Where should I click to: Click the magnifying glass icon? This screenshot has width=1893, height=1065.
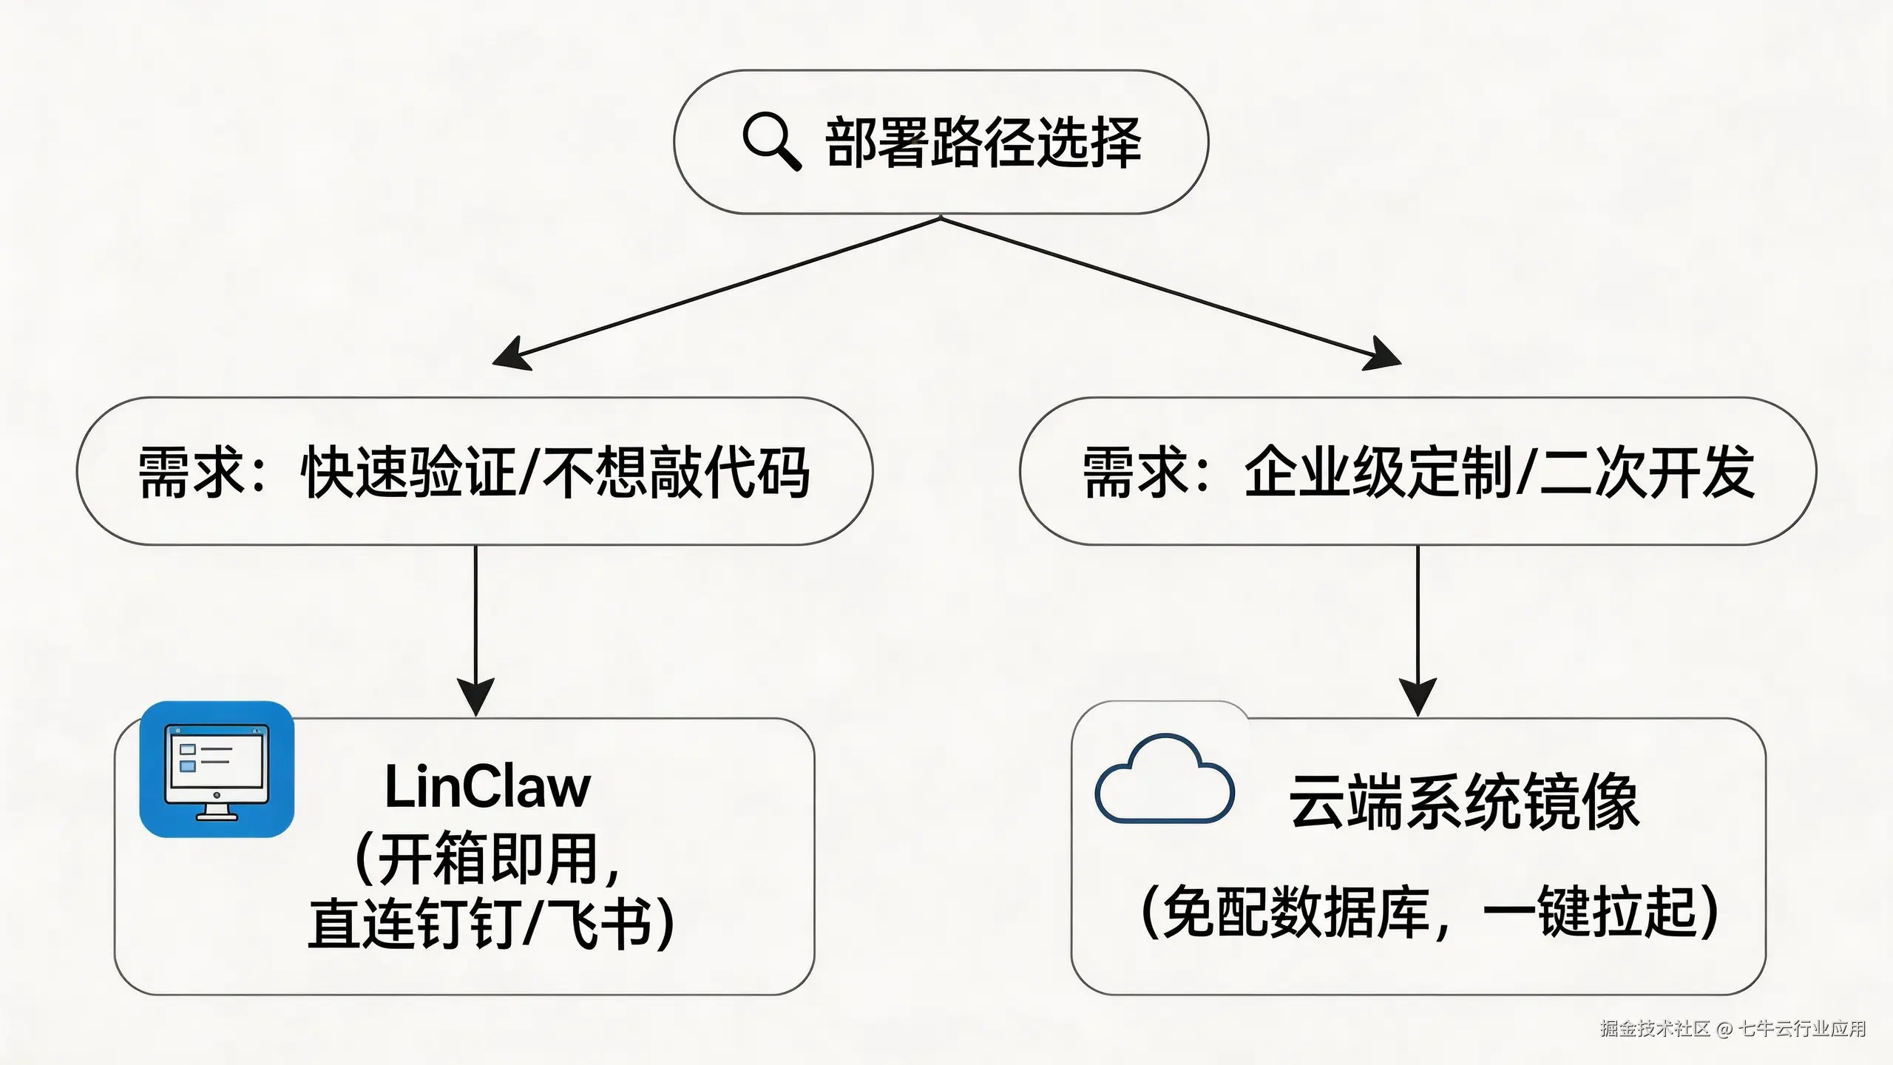[771, 141]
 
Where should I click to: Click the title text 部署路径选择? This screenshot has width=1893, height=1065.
[983, 143]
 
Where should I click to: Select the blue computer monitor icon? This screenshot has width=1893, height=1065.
[217, 770]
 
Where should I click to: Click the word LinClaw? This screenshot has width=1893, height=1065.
[487, 787]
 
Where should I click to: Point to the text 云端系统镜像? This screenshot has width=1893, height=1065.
[1464, 802]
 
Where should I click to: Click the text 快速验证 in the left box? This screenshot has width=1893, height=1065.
[407, 473]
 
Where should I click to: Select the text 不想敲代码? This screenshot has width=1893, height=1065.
[676, 473]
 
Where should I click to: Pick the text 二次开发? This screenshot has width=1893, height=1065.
[1648, 471]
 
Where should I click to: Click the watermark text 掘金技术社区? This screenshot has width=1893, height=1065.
[1655, 1029]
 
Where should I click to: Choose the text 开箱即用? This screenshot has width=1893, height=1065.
[488, 859]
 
